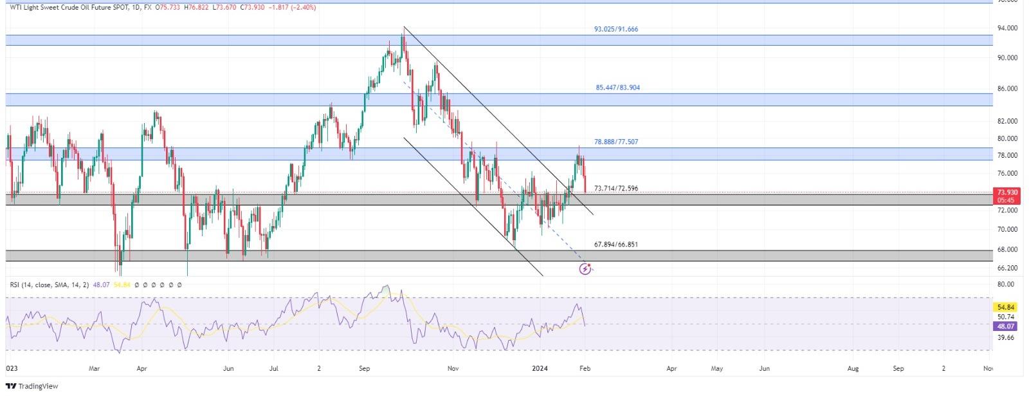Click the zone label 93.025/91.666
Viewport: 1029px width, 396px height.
tap(615, 30)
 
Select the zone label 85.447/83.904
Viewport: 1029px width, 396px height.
tap(617, 88)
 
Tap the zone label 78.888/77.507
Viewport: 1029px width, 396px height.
tap(616, 142)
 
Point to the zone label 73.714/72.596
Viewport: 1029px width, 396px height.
tap(616, 189)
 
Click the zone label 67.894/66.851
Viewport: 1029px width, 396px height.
tap(616, 245)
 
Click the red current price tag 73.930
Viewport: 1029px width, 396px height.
tap(1006, 193)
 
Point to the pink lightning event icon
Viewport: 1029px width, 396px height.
tap(585, 269)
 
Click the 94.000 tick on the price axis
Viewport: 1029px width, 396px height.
tap(1006, 28)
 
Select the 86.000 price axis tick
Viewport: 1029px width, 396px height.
tap(1006, 88)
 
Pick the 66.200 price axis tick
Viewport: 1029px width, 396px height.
tap(1006, 268)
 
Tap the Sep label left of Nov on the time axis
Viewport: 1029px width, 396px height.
tap(364, 369)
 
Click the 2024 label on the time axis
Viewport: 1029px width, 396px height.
tap(540, 369)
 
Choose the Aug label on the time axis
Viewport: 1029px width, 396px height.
tap(853, 369)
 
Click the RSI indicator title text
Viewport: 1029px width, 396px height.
tap(48, 284)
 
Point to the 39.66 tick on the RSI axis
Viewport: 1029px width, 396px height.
tap(1005, 337)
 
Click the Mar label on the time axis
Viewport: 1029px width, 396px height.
tap(95, 369)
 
